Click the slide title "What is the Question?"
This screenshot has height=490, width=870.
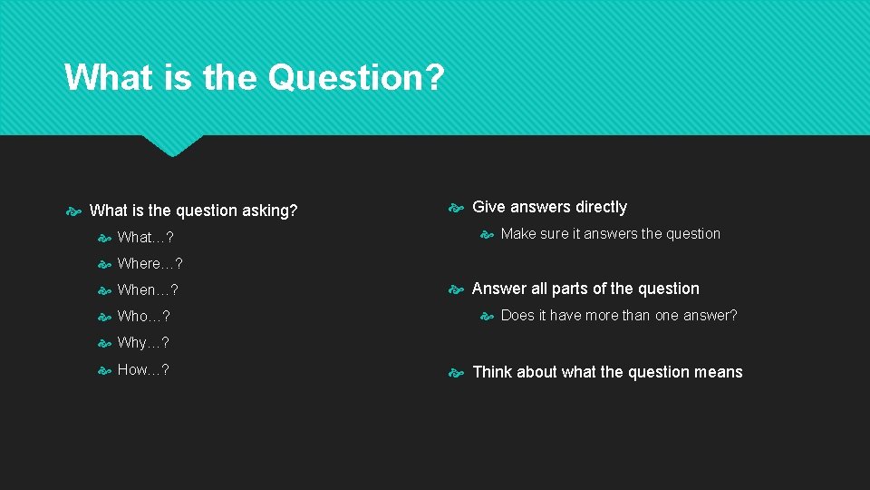[x=254, y=77]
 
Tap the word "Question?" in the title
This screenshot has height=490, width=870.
[x=356, y=77]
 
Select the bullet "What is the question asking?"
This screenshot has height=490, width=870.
[x=193, y=211]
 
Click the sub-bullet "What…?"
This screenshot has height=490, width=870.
[x=145, y=238]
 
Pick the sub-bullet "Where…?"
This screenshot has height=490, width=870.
[x=150, y=264]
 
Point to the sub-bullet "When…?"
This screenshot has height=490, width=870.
[x=148, y=290]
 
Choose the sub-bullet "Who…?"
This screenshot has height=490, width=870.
[x=143, y=317]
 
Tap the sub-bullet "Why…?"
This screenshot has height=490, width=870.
[x=143, y=343]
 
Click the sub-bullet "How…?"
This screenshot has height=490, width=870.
[x=143, y=369]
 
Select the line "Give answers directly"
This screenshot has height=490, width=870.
[x=549, y=207]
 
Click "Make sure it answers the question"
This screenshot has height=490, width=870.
[x=610, y=234]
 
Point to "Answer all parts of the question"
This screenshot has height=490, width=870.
[x=585, y=289]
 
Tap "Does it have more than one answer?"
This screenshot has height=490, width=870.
[x=618, y=316]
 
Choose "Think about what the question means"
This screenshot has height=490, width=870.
[x=607, y=372]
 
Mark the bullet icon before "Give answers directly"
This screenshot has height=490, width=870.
[x=457, y=208]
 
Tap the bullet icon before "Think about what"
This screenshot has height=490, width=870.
[x=457, y=373]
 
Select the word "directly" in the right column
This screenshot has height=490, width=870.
[x=601, y=207]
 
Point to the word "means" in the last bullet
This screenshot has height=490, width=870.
[x=720, y=372]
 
